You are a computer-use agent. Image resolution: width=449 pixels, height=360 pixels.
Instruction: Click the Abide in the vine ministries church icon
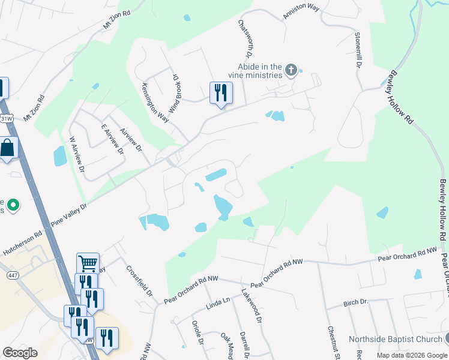pos(291,71)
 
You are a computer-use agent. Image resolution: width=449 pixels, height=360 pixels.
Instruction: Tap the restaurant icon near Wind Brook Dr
pos(220,92)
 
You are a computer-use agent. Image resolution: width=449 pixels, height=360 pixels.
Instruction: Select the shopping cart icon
pos(88,263)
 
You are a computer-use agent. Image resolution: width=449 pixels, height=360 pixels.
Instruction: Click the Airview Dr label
pos(130,139)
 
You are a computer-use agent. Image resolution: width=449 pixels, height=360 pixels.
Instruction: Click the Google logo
pos(20,353)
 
